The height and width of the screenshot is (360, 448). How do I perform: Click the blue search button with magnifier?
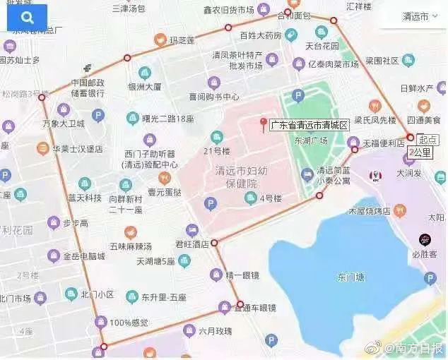tap(27, 18)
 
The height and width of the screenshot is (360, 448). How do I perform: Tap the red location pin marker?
tap(264, 124)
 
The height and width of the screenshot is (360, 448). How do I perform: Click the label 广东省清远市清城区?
tap(310, 125)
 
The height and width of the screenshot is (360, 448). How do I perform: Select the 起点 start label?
tap(428, 139)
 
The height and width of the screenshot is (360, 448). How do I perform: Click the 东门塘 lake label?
tap(352, 276)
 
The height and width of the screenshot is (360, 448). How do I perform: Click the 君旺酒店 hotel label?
tap(192, 244)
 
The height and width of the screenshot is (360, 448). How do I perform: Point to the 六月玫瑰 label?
tap(214, 330)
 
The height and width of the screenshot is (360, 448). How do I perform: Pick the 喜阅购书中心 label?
tap(215, 99)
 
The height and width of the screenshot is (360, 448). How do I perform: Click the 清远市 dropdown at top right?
tap(415, 16)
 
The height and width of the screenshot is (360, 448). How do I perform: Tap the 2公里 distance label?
tap(424, 151)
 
